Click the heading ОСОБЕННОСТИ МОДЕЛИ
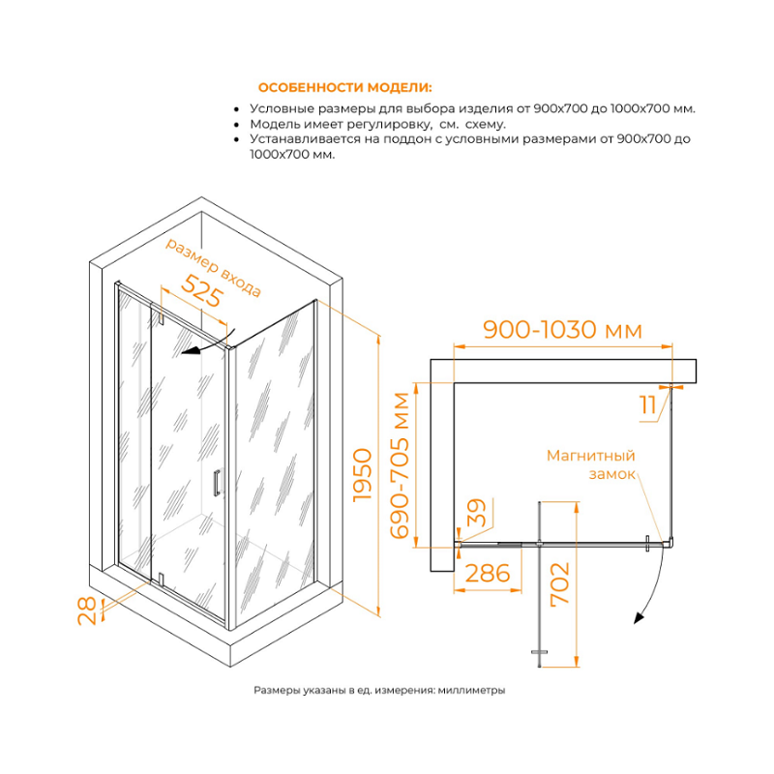345,88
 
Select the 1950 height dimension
362,475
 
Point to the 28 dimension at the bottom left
87,610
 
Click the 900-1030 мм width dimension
563,330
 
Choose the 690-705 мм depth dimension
400,465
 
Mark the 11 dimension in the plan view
647,405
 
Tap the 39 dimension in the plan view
476,513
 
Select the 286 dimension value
488,574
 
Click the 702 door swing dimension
560,583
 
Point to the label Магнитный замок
591,464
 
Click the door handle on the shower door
216,483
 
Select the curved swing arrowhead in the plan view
640,617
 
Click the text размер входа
213,267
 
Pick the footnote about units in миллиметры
379,690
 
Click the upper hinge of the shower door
160,316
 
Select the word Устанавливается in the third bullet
305,139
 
